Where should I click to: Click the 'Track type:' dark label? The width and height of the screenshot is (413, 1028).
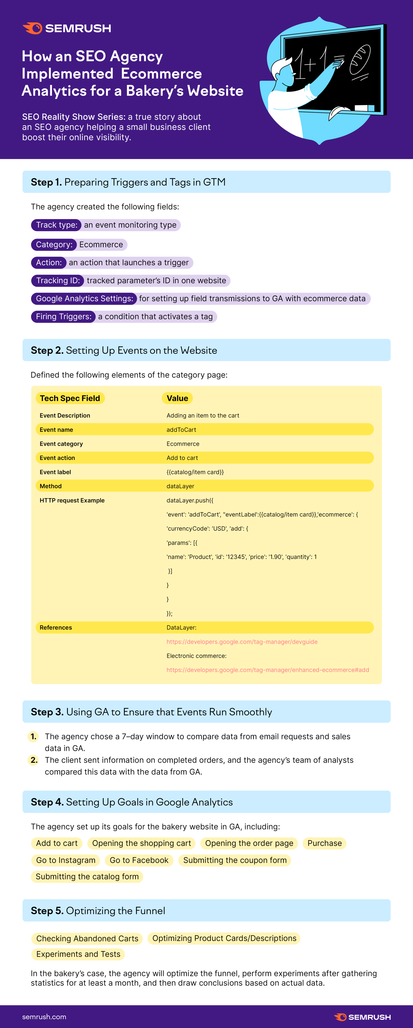56,225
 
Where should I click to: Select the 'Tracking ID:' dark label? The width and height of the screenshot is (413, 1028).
58,281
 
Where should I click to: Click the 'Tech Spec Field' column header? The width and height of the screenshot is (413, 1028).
70,398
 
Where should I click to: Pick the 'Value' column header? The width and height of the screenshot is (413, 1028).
177,398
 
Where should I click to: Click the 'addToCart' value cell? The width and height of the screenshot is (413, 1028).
181,430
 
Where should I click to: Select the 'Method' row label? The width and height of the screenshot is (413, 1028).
51,486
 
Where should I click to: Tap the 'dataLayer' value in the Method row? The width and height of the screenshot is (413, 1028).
180,486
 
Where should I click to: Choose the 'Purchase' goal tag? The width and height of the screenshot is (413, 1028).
324,843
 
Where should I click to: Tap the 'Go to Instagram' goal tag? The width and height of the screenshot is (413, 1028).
66,860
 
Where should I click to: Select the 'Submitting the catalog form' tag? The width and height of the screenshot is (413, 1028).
87,876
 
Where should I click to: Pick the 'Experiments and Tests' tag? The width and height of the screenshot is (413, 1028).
78,954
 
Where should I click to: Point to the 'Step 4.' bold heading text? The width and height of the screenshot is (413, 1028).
47,802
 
